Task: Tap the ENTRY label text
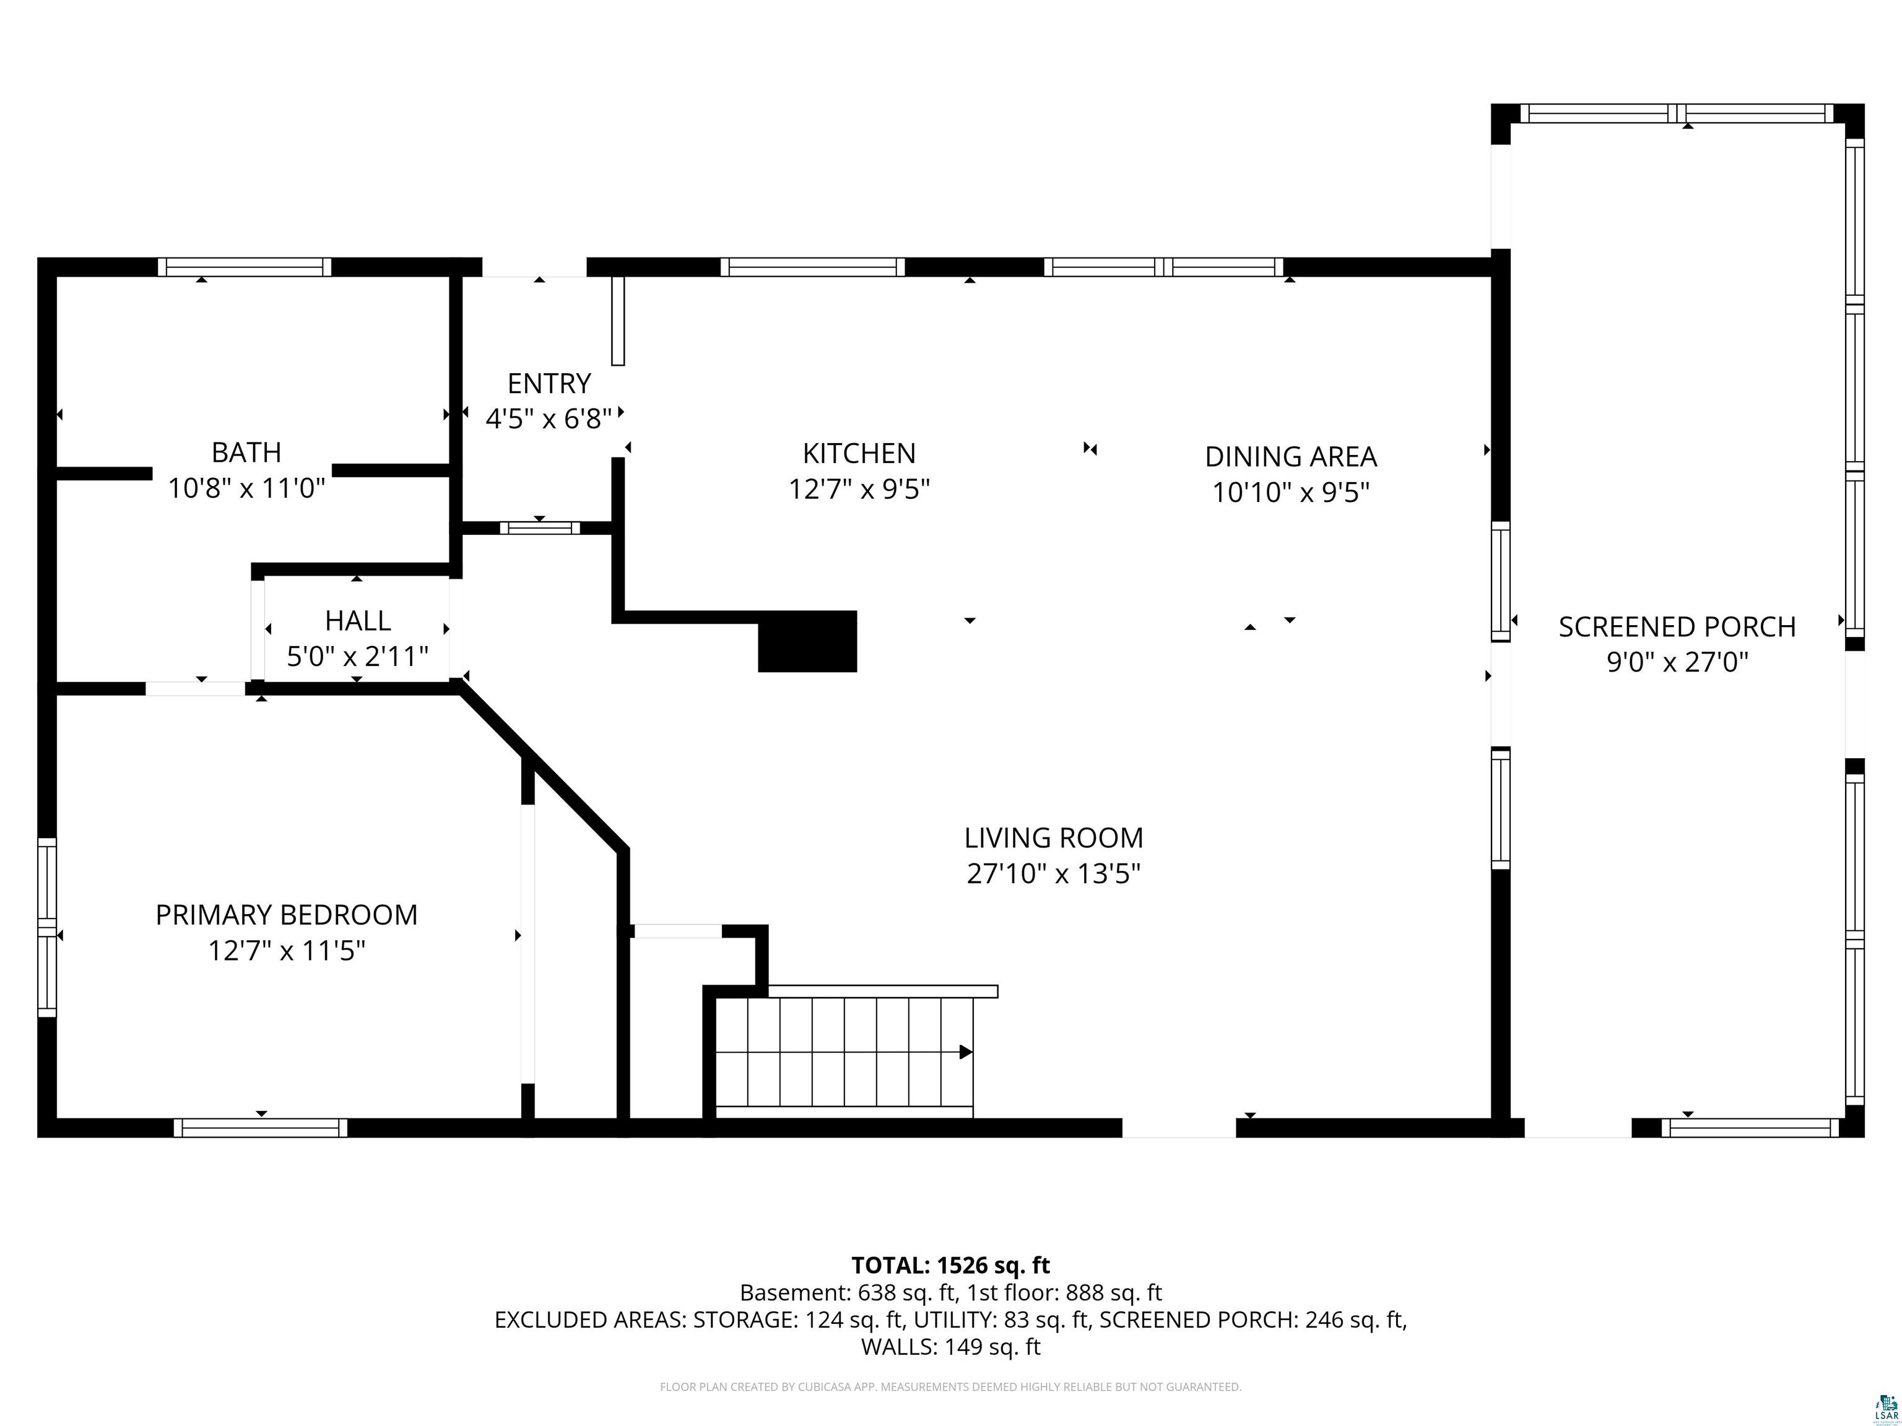(549, 383)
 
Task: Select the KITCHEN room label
(859, 453)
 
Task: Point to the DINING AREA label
(1291, 456)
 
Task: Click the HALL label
(358, 621)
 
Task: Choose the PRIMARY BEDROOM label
(286, 915)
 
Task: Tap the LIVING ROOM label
(1053, 837)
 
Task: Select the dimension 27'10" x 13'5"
(1053, 873)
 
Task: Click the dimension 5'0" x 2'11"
(358, 657)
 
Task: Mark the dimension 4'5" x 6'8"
(549, 418)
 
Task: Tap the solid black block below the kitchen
(807, 641)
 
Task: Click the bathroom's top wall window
(244, 267)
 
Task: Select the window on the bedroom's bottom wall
(261, 1128)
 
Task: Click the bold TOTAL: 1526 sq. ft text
(950, 1265)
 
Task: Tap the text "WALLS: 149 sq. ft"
(950, 1347)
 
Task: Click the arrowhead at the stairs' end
(966, 1052)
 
